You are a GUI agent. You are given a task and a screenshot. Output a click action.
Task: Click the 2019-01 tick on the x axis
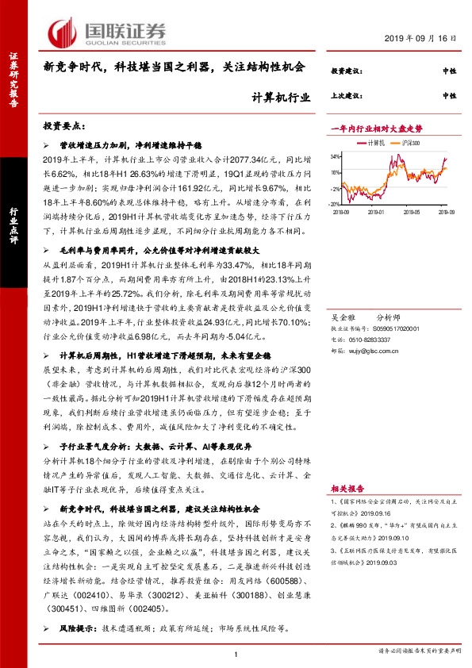click(x=375, y=213)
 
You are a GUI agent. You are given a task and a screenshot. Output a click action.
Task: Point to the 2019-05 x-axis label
click(x=410, y=213)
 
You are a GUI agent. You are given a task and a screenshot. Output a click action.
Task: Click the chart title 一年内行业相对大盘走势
click(x=376, y=128)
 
